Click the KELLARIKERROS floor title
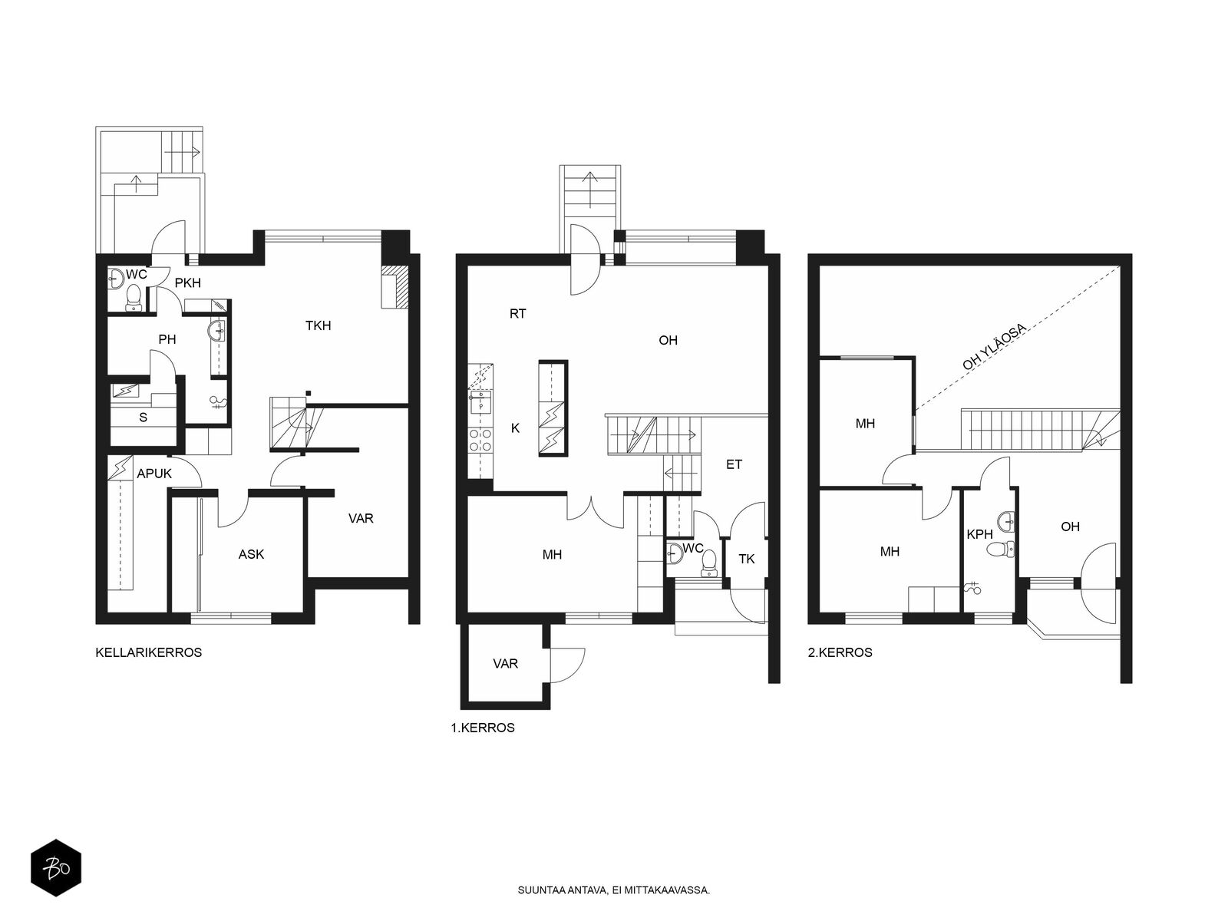pyautogui.click(x=148, y=652)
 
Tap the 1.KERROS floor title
pyautogui.click(x=483, y=728)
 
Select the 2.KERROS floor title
pyautogui.click(x=840, y=652)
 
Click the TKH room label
pyautogui.click(x=319, y=325)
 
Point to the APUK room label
pyautogui.click(x=154, y=474)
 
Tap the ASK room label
pyautogui.click(x=251, y=554)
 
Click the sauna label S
pyautogui.click(x=144, y=418)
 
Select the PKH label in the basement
pyautogui.click(x=188, y=283)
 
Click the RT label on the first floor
pyautogui.click(x=518, y=314)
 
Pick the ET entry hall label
pyautogui.click(x=734, y=464)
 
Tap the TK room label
pyautogui.click(x=747, y=559)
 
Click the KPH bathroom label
pyautogui.click(x=979, y=535)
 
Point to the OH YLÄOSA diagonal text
pyautogui.click(x=995, y=347)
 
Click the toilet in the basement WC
pyautogui.click(x=134, y=295)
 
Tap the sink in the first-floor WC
pyautogui.click(x=674, y=553)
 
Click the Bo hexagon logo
pyautogui.click(x=56, y=868)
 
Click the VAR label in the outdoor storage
pyautogui.click(x=505, y=664)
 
